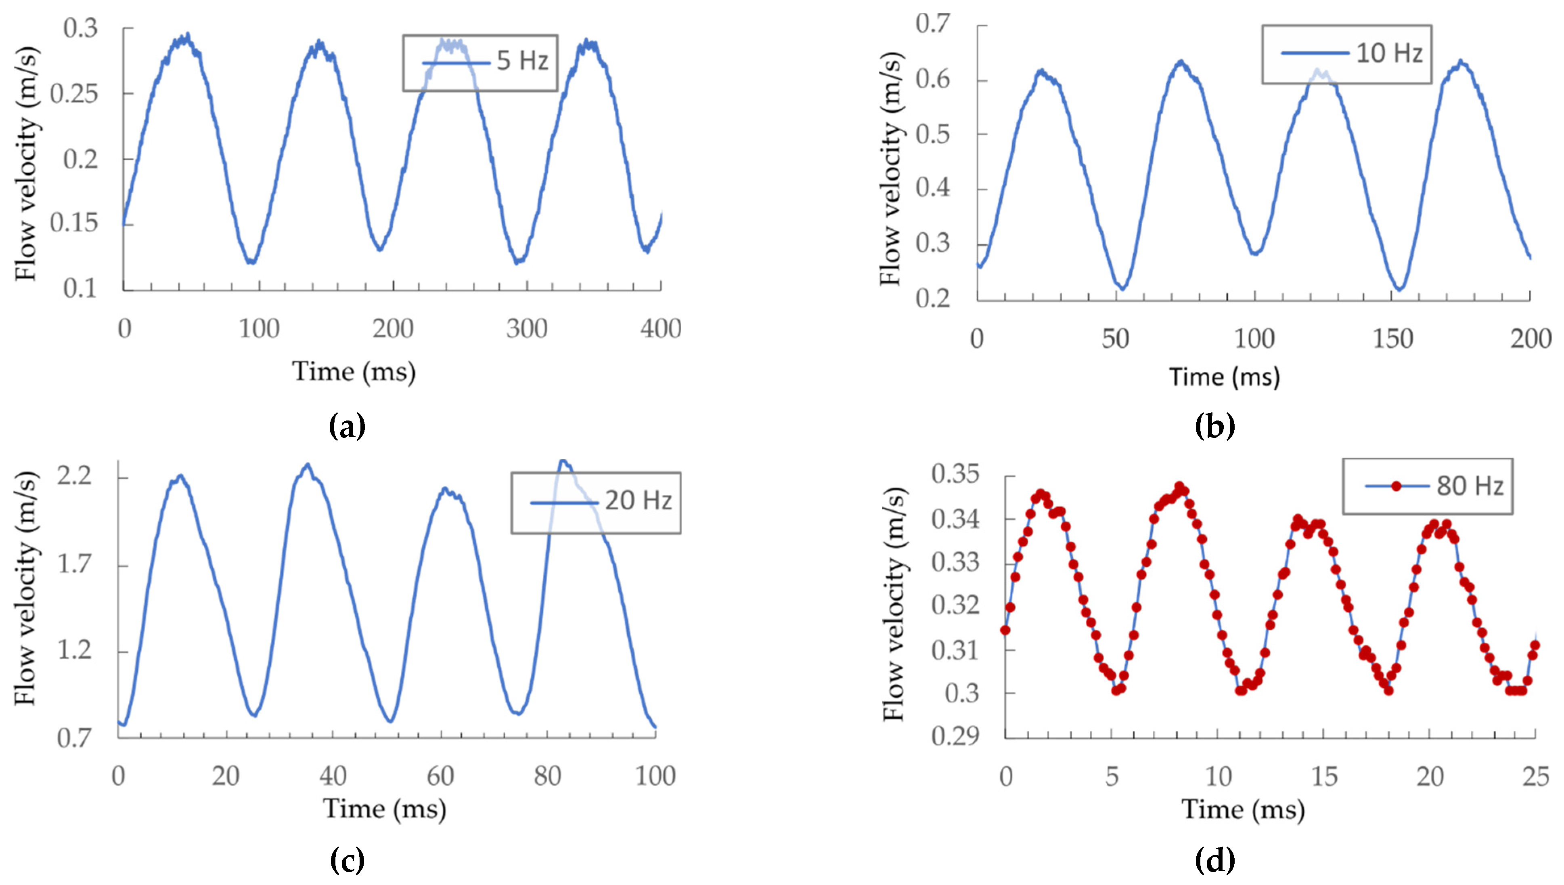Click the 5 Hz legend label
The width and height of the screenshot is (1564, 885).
coord(522,61)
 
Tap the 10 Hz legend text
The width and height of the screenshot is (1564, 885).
coord(1389,53)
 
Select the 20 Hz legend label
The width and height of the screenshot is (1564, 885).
coord(639,501)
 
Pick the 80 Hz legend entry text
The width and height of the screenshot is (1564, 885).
coord(1470,486)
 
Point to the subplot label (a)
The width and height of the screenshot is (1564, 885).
coord(347,426)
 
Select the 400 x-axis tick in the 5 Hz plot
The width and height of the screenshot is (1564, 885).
coord(660,329)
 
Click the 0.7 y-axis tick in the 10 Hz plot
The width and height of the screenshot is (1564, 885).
coord(932,24)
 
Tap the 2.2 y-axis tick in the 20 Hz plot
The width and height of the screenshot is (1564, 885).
coord(74,475)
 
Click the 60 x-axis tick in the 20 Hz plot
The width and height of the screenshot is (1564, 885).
coord(440,776)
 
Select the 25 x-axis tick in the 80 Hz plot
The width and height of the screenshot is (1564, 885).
coord(1535,776)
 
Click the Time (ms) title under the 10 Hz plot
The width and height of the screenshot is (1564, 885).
coord(1224,377)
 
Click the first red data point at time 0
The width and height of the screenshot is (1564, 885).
coord(1005,630)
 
